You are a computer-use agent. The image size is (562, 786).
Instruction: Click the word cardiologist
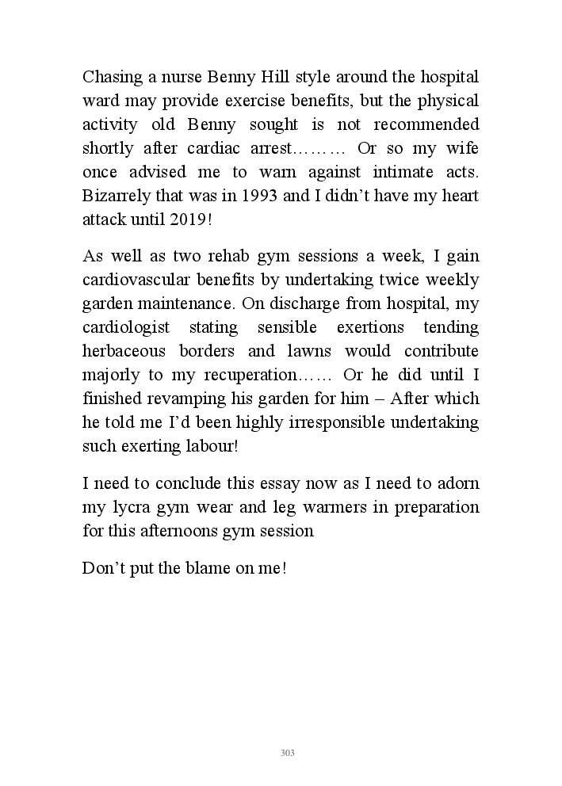pyautogui.click(x=128, y=327)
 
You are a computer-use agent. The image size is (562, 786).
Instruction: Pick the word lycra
pyautogui.click(x=131, y=507)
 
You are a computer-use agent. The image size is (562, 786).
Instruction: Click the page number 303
pyautogui.click(x=288, y=753)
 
